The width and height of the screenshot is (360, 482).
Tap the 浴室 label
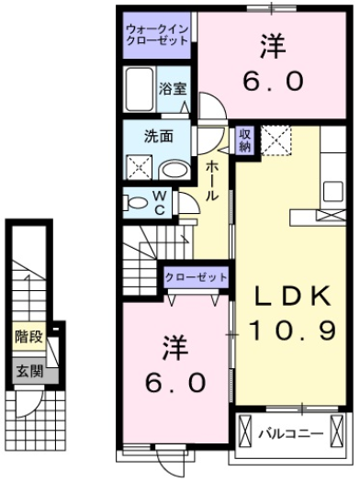pos(173,89)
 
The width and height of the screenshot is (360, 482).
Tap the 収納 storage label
pos(245,140)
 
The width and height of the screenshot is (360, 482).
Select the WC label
pos(159,201)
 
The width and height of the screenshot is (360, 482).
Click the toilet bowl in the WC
pos(138,202)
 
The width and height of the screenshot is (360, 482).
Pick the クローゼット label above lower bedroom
pos(197,276)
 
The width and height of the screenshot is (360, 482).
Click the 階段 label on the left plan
pos(28,336)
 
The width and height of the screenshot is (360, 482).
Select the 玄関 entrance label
pos(28,372)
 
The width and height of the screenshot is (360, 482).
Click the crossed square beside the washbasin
pos(141,166)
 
